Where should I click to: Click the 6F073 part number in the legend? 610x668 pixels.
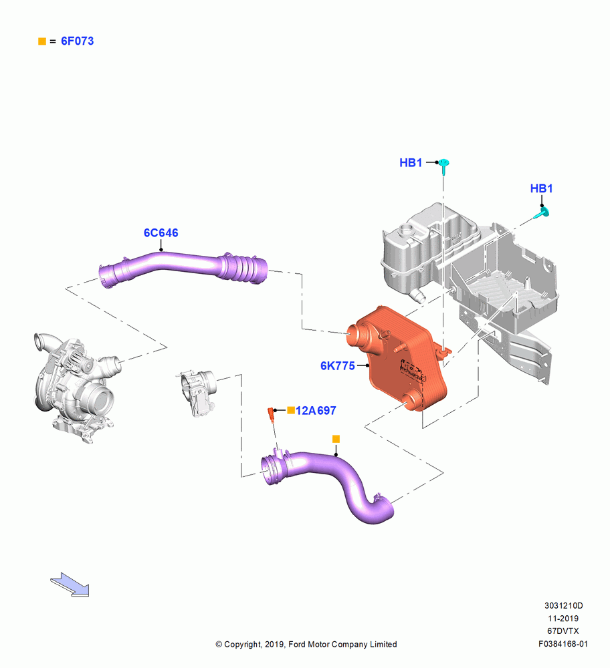click(x=77, y=41)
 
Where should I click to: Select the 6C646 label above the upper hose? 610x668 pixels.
click(x=161, y=232)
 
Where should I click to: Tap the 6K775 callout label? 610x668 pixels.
click(x=337, y=365)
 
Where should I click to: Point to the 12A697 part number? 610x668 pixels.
click(x=316, y=410)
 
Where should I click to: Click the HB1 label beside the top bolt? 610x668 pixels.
click(x=411, y=162)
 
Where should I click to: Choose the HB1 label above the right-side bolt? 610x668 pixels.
click(x=541, y=188)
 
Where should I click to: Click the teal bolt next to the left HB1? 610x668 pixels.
click(x=444, y=166)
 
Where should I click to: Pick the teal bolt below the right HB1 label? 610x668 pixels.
click(x=542, y=213)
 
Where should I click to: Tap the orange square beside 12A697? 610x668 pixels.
click(x=291, y=410)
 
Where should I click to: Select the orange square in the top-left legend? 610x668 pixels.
click(x=42, y=41)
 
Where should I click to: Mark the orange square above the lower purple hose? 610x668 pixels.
click(x=336, y=439)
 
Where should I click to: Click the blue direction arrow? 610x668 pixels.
click(x=70, y=584)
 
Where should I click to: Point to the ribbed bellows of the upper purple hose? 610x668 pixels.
click(x=243, y=269)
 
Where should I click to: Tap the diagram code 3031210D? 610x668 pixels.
click(x=563, y=605)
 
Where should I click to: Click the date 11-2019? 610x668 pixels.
click(x=563, y=618)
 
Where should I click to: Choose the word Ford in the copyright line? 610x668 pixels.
click(x=298, y=645)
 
